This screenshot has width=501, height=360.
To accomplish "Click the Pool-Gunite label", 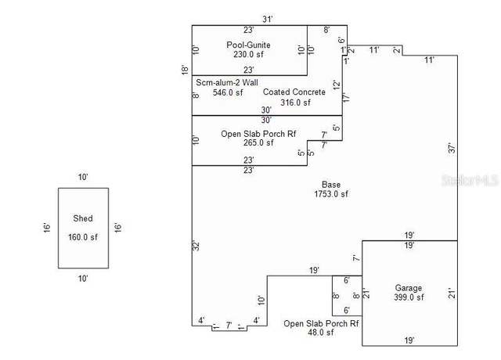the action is [248, 45].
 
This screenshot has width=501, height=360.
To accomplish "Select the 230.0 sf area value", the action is [248, 54].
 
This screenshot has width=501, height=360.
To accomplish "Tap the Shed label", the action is [83, 218].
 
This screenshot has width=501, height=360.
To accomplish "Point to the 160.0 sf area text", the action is [83, 237].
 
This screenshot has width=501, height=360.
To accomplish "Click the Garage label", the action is [409, 288].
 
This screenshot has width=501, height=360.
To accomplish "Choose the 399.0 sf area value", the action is [409, 297].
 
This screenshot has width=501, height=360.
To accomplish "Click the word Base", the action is [331, 185].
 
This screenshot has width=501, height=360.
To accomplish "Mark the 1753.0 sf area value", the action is [331, 194].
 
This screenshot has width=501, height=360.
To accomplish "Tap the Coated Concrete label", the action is [294, 92].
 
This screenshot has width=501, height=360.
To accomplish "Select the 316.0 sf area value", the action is [295, 103].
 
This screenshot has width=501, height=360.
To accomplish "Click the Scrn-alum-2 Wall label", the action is [227, 82].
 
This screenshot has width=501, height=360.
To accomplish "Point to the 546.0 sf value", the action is [228, 92].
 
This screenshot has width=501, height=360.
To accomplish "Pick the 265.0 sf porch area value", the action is [258, 142].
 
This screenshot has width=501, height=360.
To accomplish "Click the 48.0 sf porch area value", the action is [320, 333].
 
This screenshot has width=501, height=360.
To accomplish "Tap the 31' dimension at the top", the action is [268, 19].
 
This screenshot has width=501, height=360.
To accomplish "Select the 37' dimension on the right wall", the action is [452, 148].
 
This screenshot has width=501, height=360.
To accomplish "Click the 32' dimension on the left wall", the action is [196, 245].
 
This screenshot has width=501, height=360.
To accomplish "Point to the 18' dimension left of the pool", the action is [185, 70].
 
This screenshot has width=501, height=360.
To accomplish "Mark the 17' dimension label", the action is [346, 97].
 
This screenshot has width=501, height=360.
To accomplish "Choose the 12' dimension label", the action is [337, 85].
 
